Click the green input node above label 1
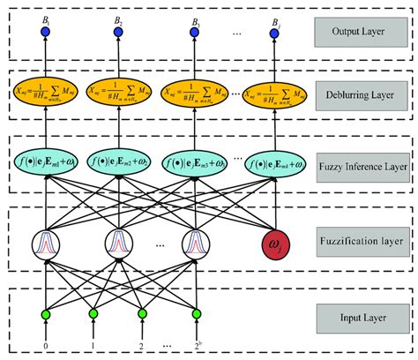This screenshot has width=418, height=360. [93, 313]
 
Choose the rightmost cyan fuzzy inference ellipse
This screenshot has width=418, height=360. [274, 162]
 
